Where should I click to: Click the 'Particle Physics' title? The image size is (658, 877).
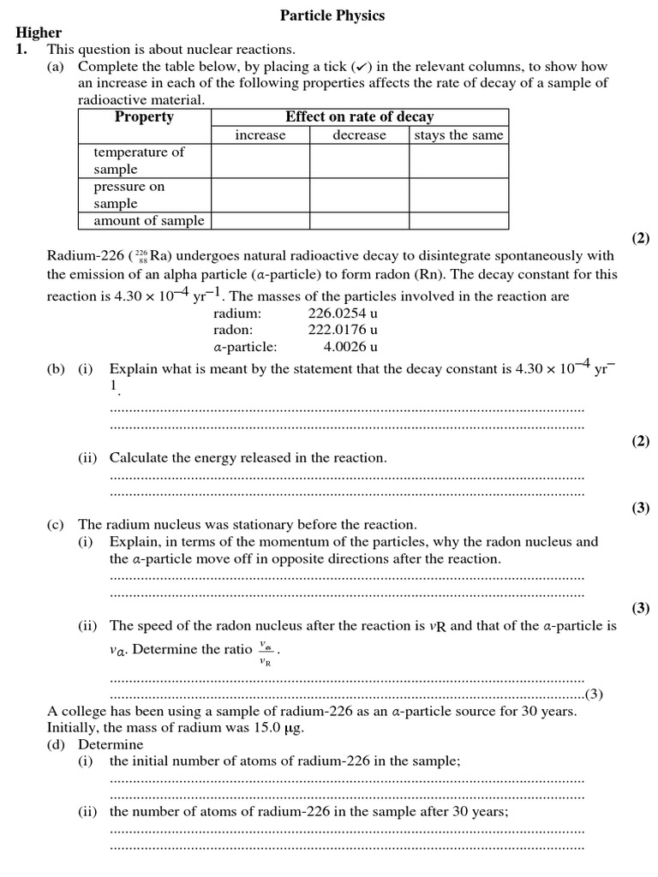point(332,15)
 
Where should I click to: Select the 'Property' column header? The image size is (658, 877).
point(144,117)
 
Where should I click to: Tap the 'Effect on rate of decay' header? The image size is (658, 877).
point(359,117)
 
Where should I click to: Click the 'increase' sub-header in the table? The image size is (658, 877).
point(260,135)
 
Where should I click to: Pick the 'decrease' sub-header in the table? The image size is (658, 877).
point(359,135)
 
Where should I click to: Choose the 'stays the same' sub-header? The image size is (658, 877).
point(458,135)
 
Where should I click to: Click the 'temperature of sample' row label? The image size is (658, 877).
point(138,160)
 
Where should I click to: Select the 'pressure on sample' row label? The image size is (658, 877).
point(129,194)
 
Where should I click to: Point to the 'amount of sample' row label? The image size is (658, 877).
point(148,220)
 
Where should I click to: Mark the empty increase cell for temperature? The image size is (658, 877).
point(260,160)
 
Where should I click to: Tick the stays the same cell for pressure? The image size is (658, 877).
point(458,194)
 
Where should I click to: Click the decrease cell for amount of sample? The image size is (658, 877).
point(359,220)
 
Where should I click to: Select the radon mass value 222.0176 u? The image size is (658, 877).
point(343,330)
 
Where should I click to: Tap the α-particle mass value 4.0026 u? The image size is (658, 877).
point(350,347)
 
